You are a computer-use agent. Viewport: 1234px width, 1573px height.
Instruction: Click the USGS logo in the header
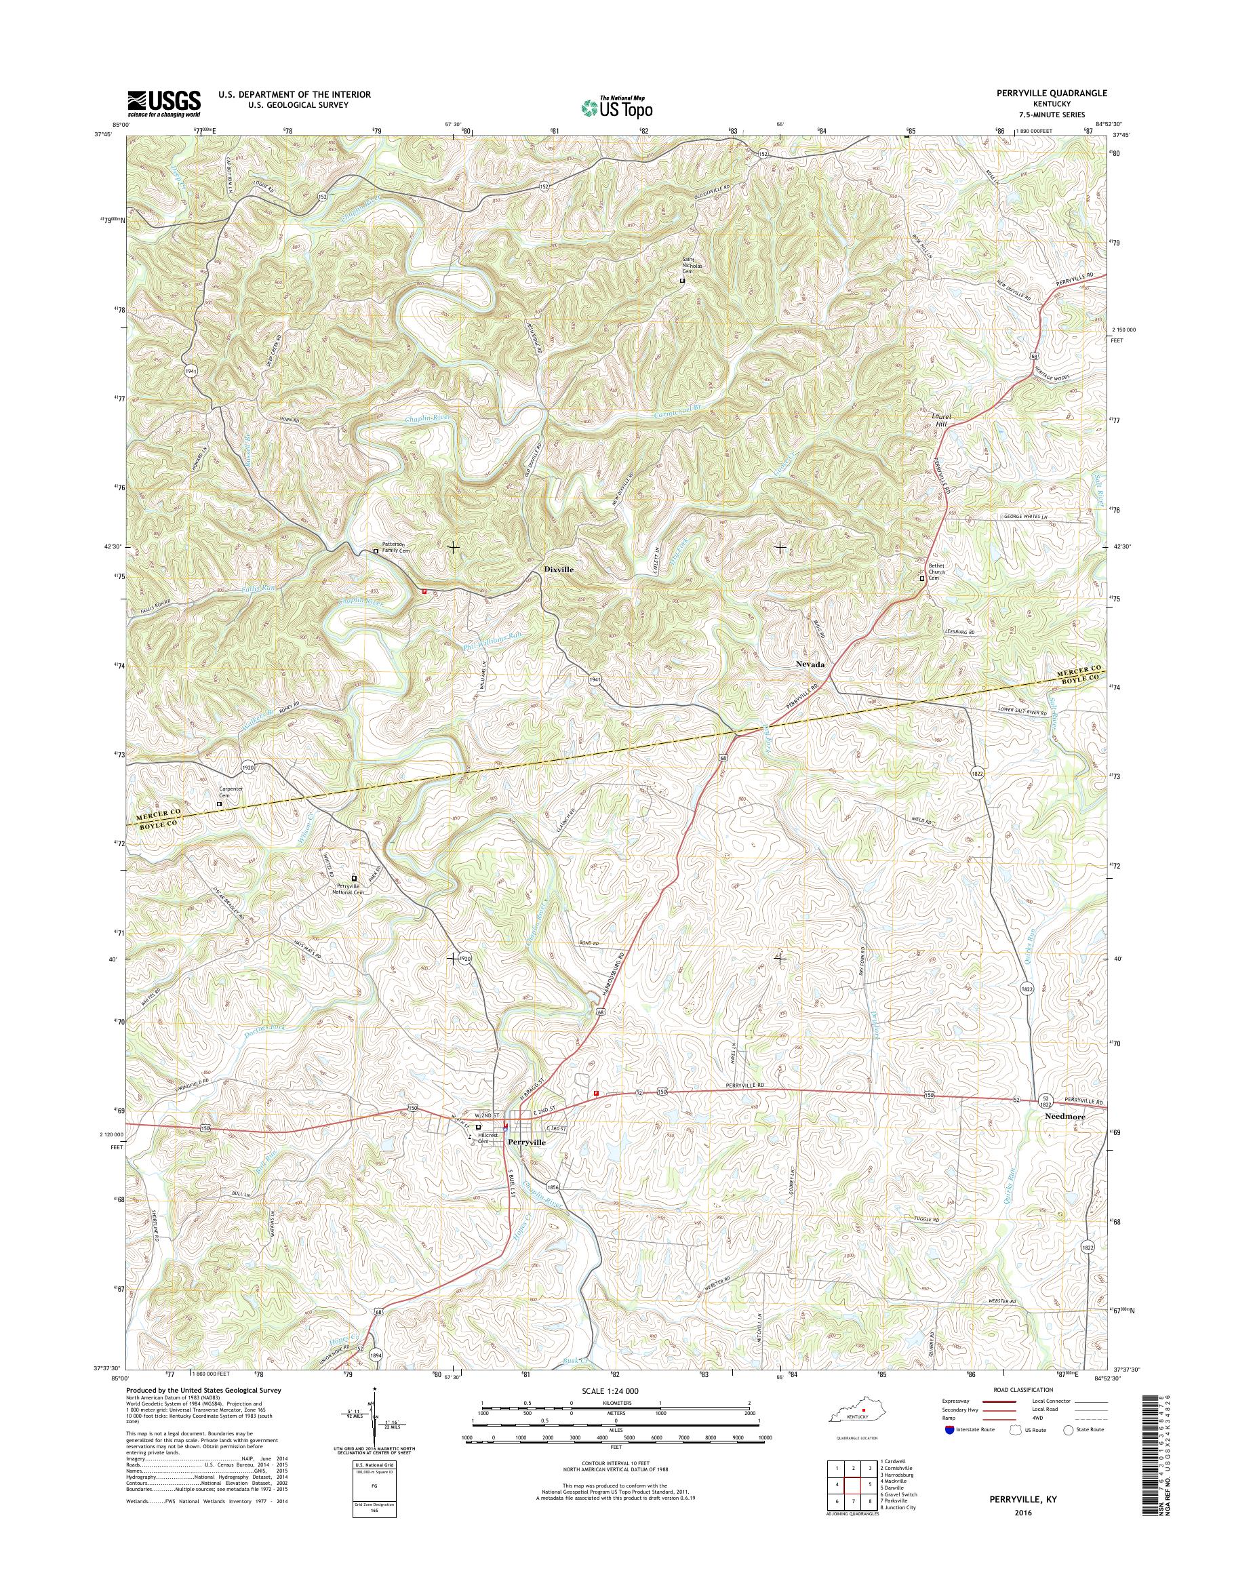pos(164,103)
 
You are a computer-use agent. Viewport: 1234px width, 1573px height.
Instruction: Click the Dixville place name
pos(559,570)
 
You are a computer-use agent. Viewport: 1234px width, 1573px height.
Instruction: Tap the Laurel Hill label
pos(940,421)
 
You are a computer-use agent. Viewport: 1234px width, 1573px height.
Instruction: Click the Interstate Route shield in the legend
pos(949,1429)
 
